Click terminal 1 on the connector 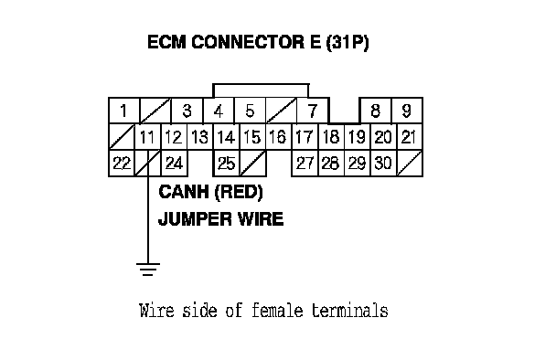[123, 111]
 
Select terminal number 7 [313, 111]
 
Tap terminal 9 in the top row [407, 111]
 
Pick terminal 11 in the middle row [147, 137]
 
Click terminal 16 [278, 137]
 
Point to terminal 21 [410, 137]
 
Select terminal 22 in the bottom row [122, 163]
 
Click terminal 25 [226, 163]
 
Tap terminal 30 [383, 163]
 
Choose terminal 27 [305, 163]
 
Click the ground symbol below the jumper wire [148, 270]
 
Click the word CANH [184, 192]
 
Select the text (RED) [239, 192]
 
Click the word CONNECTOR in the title [248, 42]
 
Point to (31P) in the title [347, 42]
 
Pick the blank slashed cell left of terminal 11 [122, 137]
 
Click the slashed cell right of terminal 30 [410, 163]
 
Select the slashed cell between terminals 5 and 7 [281, 111]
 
